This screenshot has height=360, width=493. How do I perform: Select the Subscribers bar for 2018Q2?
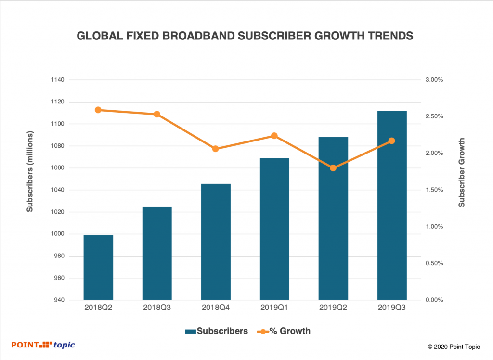98,268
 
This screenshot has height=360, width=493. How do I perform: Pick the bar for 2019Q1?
274,229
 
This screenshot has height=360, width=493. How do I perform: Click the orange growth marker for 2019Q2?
333,168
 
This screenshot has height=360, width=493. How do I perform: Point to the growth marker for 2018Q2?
98,110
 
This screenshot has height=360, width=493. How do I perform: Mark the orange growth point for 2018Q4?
216,149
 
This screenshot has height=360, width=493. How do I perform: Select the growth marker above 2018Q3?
157,114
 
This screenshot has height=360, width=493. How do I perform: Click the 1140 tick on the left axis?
57,80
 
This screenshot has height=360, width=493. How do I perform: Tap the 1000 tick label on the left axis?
57,234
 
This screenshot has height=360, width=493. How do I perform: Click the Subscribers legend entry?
216,331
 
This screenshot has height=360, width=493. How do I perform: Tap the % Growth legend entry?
284,331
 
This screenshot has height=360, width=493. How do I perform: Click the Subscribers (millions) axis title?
30,171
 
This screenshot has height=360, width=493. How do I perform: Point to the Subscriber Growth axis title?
462,172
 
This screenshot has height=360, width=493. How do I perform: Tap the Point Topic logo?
43,345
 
